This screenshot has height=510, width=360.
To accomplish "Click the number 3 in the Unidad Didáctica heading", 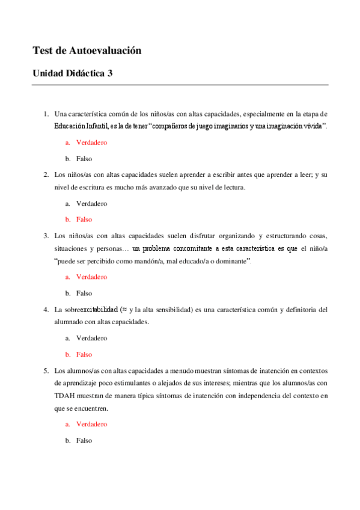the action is click(109, 74).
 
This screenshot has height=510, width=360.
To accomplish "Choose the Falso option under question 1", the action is click(84, 158).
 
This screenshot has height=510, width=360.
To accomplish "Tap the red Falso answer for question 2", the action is click(84, 220).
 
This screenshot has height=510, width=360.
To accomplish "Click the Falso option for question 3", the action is click(84, 293).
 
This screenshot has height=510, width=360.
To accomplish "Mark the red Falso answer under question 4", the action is click(84, 354).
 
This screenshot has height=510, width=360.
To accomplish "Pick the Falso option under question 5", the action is click(84, 440).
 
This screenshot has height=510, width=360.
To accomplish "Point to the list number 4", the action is click(46, 310).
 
